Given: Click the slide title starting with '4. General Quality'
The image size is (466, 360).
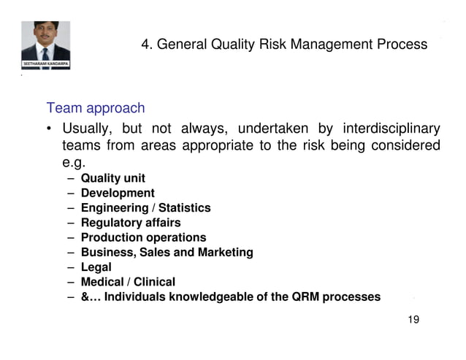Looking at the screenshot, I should click(284, 45).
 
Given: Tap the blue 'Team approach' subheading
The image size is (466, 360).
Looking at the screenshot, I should click(96, 109).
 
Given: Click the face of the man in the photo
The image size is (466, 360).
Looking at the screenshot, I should click(45, 37).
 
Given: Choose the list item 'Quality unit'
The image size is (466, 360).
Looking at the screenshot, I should click(112, 178).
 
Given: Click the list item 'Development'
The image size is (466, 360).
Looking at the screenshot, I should click(118, 193).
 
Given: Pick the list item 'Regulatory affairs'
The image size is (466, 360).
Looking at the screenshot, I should click(130, 223).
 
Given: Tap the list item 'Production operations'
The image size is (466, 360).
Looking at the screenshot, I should click(143, 237).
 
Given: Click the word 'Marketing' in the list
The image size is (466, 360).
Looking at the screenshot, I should click(225, 253).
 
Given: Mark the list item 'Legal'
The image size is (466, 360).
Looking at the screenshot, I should click(96, 267).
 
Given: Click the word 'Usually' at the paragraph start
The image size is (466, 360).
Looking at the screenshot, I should click(86, 129).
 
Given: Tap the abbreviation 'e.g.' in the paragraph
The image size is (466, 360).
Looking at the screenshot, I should click(74, 164).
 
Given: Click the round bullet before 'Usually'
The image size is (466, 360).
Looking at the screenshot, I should click(49, 130).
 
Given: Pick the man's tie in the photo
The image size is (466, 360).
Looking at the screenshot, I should click(45, 53).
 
